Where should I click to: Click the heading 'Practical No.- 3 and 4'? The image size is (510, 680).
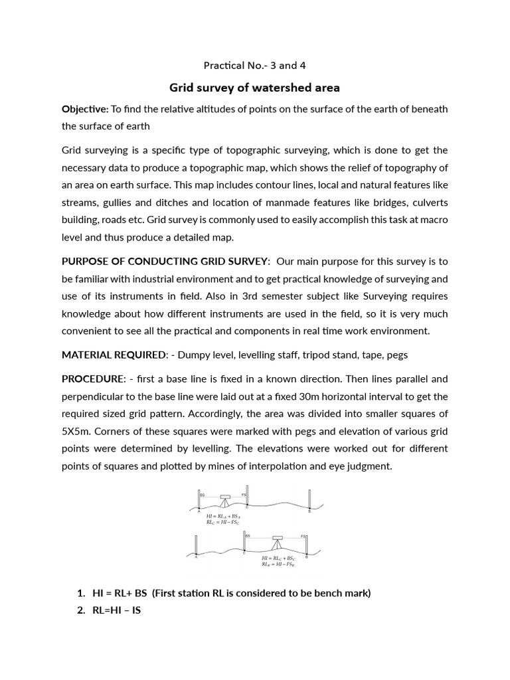click(x=254, y=65)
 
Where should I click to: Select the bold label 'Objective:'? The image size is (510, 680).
click(x=85, y=109)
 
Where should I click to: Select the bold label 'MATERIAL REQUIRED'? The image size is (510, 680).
click(x=112, y=355)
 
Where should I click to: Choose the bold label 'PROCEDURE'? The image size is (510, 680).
click(x=93, y=379)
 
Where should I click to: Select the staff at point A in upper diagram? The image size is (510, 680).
click(x=199, y=499)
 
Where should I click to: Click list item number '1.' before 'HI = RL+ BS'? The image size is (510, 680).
click(x=81, y=593)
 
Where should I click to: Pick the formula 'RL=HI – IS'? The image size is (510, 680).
click(x=116, y=610)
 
